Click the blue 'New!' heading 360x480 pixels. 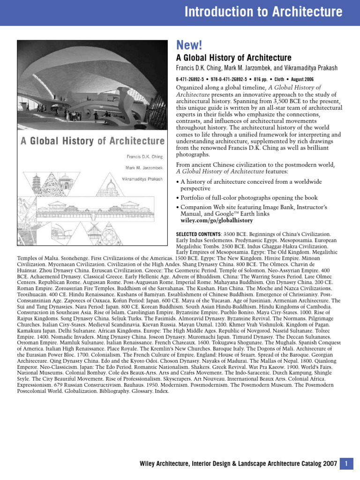188,45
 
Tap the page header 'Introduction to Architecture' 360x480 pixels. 263,12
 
